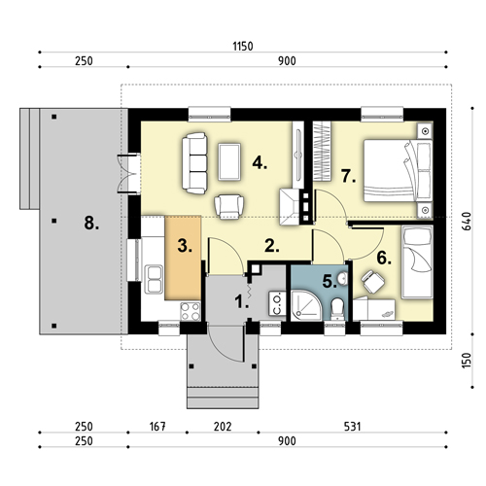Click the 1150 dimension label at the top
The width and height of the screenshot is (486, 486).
243,47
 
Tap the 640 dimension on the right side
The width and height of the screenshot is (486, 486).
467,222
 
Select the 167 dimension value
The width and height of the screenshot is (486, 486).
157,427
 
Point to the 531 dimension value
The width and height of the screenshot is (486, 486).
352,427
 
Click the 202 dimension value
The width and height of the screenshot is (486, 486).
223,427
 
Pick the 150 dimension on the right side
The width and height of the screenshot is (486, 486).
467,361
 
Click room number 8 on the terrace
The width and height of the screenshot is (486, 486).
91,224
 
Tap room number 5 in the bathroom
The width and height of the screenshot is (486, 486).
330,282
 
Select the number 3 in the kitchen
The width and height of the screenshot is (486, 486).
185,246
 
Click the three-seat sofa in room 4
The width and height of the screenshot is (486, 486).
194,163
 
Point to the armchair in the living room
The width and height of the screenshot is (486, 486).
229,206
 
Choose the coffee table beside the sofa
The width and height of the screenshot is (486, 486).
229,161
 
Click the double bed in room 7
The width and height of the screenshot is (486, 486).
399,171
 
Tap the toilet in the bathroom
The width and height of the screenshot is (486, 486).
337,309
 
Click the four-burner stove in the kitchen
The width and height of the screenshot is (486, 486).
191,311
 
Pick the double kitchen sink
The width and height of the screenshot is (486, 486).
154,279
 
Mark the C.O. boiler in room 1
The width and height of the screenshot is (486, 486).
277,303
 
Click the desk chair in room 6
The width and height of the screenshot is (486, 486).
372,281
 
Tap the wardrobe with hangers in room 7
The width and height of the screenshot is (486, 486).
322,151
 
